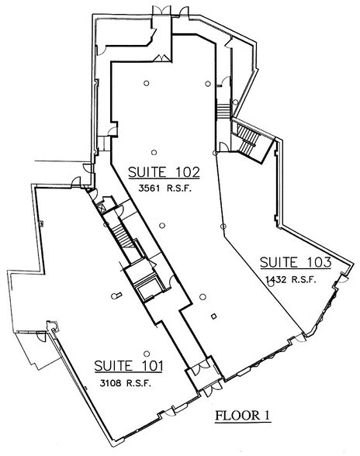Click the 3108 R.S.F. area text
tap(123, 382)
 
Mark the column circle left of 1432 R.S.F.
tap(270, 284)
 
